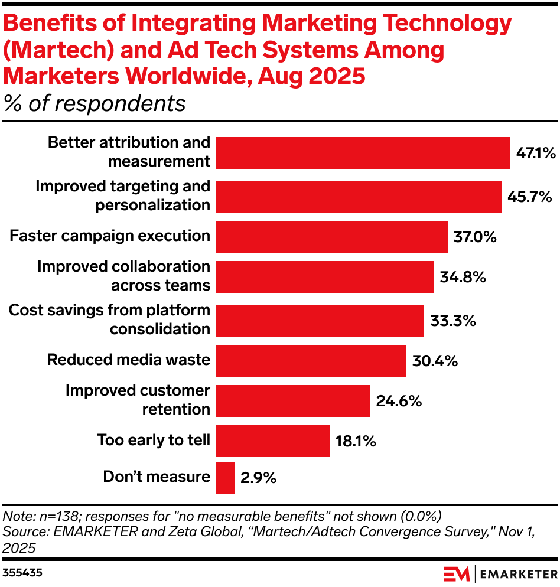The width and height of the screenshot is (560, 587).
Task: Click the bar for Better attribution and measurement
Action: coord(363,153)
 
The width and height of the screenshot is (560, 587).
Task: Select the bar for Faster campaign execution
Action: coord(331,236)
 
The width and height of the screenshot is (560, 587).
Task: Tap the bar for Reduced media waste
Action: coord(311,360)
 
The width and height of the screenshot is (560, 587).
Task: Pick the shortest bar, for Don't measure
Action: coord(226,477)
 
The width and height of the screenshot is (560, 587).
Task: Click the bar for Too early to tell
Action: coord(272,441)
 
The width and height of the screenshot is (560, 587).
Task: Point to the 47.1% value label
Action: coord(536,154)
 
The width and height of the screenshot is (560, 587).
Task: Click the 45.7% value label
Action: coord(530,196)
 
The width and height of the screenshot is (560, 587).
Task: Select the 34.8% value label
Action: coord(463,277)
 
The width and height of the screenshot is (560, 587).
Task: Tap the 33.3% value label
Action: coord(453,321)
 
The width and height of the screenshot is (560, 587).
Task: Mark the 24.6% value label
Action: coord(399,402)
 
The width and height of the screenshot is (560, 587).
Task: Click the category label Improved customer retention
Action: coord(138,400)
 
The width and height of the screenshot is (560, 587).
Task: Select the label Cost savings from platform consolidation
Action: coord(110,319)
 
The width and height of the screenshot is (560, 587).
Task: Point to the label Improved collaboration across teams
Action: coord(123,276)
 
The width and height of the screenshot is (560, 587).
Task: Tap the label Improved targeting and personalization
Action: coord(123,195)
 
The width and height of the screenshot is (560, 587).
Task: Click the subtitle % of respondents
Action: coord(95,103)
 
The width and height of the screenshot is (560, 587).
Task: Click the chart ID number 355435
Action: coord(22,573)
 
